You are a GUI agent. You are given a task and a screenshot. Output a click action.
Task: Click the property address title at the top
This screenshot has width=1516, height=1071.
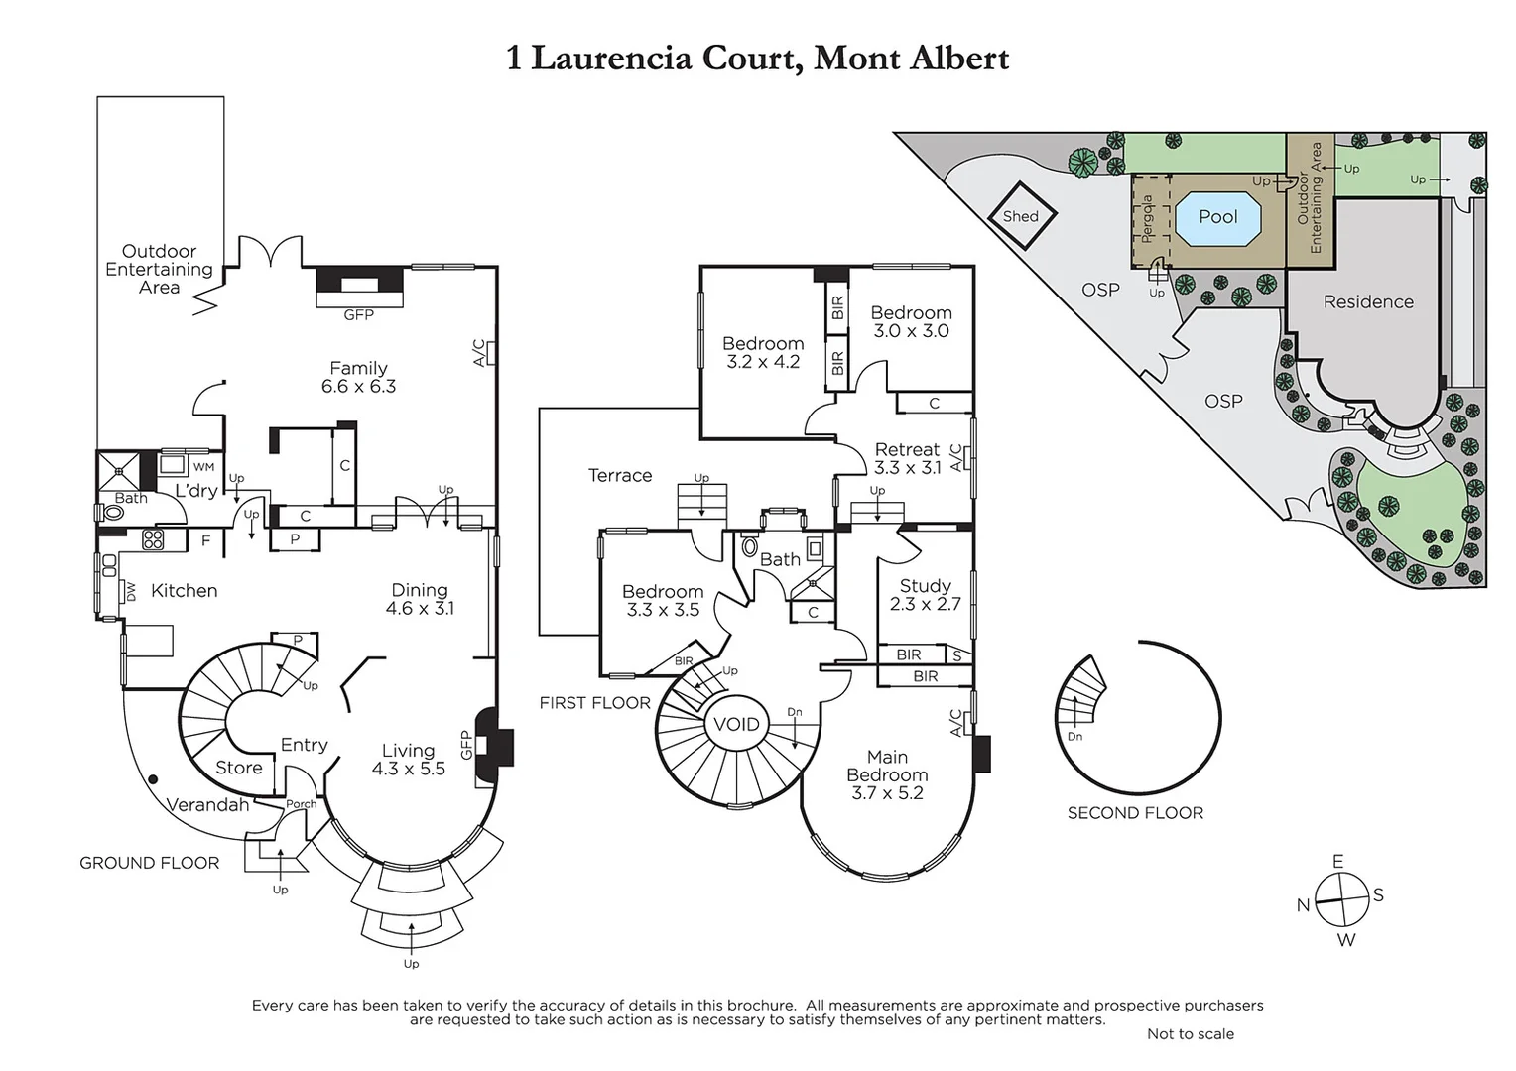click(x=757, y=58)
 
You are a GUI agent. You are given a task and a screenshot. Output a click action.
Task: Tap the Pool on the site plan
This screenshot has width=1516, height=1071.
click(x=1218, y=217)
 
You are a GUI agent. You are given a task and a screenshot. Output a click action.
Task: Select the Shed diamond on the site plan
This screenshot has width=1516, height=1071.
click(x=1021, y=216)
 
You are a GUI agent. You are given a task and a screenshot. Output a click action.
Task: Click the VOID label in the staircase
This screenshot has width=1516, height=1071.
click(x=736, y=724)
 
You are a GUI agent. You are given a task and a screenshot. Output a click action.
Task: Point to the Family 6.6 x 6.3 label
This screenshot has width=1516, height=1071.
click(x=358, y=377)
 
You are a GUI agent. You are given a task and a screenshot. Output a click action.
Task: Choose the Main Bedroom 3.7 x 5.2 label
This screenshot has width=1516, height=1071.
click(x=887, y=774)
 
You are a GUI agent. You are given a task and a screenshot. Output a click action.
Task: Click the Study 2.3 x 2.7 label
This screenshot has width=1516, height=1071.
click(x=925, y=595)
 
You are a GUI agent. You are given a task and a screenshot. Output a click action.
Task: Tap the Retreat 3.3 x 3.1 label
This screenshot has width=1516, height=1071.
click(x=907, y=458)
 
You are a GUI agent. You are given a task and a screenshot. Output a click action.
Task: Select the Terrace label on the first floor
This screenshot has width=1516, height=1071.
click(x=620, y=476)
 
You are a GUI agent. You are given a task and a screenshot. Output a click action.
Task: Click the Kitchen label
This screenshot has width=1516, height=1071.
click(x=184, y=591)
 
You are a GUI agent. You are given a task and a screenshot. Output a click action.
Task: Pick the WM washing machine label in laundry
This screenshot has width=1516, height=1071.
click(x=203, y=467)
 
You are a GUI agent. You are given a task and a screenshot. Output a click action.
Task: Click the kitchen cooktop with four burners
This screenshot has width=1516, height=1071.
click(x=153, y=539)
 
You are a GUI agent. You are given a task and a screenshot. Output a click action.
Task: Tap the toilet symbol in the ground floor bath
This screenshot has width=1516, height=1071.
click(x=110, y=513)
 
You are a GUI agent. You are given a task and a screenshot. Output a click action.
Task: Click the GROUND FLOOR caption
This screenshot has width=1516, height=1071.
click(x=150, y=863)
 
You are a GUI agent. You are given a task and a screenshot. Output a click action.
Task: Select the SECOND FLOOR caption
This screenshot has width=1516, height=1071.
click(x=1135, y=813)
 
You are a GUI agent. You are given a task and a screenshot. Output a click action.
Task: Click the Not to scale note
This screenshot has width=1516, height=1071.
click(x=1190, y=1033)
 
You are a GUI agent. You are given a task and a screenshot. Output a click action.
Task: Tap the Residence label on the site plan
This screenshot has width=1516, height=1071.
click(x=1368, y=302)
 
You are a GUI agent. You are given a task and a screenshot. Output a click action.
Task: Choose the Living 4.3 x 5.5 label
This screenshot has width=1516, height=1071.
click(x=408, y=760)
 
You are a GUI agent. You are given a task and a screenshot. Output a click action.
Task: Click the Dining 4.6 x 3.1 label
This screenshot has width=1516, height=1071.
click(x=420, y=599)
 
